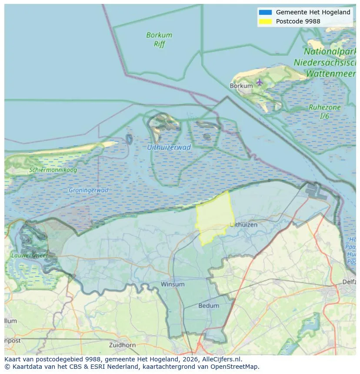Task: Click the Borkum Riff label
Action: click(x=159, y=39)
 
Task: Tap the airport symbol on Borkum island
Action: click(x=260, y=82)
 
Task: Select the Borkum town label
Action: click(x=241, y=86)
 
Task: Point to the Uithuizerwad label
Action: click(x=169, y=147)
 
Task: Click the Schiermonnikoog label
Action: click(x=53, y=170)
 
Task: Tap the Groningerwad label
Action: click(x=88, y=190)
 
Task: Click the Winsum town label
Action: click(x=173, y=285)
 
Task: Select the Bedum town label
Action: click(x=209, y=306)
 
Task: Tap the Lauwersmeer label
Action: click(x=29, y=255)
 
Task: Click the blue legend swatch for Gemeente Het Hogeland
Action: click(x=265, y=12)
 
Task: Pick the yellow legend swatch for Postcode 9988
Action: click(x=265, y=21)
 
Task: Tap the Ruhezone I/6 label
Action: click(x=324, y=112)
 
